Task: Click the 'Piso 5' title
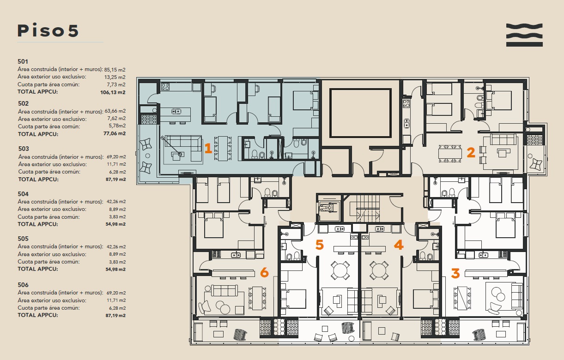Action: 48,30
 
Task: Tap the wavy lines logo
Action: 524,35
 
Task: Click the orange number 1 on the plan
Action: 208,148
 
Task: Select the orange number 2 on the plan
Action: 471,152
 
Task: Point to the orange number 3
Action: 455,273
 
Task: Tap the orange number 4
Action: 399,245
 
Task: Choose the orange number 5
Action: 320,245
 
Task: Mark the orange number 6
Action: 264,272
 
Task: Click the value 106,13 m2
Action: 113,92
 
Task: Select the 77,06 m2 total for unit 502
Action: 115,133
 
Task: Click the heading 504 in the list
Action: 23,194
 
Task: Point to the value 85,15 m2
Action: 115,70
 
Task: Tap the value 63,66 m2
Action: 115,111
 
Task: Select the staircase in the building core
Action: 368,208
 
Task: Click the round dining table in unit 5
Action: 340,270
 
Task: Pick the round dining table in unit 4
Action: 379,270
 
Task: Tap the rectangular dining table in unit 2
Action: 450,153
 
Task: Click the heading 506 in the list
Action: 23,285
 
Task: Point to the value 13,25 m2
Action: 115,77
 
